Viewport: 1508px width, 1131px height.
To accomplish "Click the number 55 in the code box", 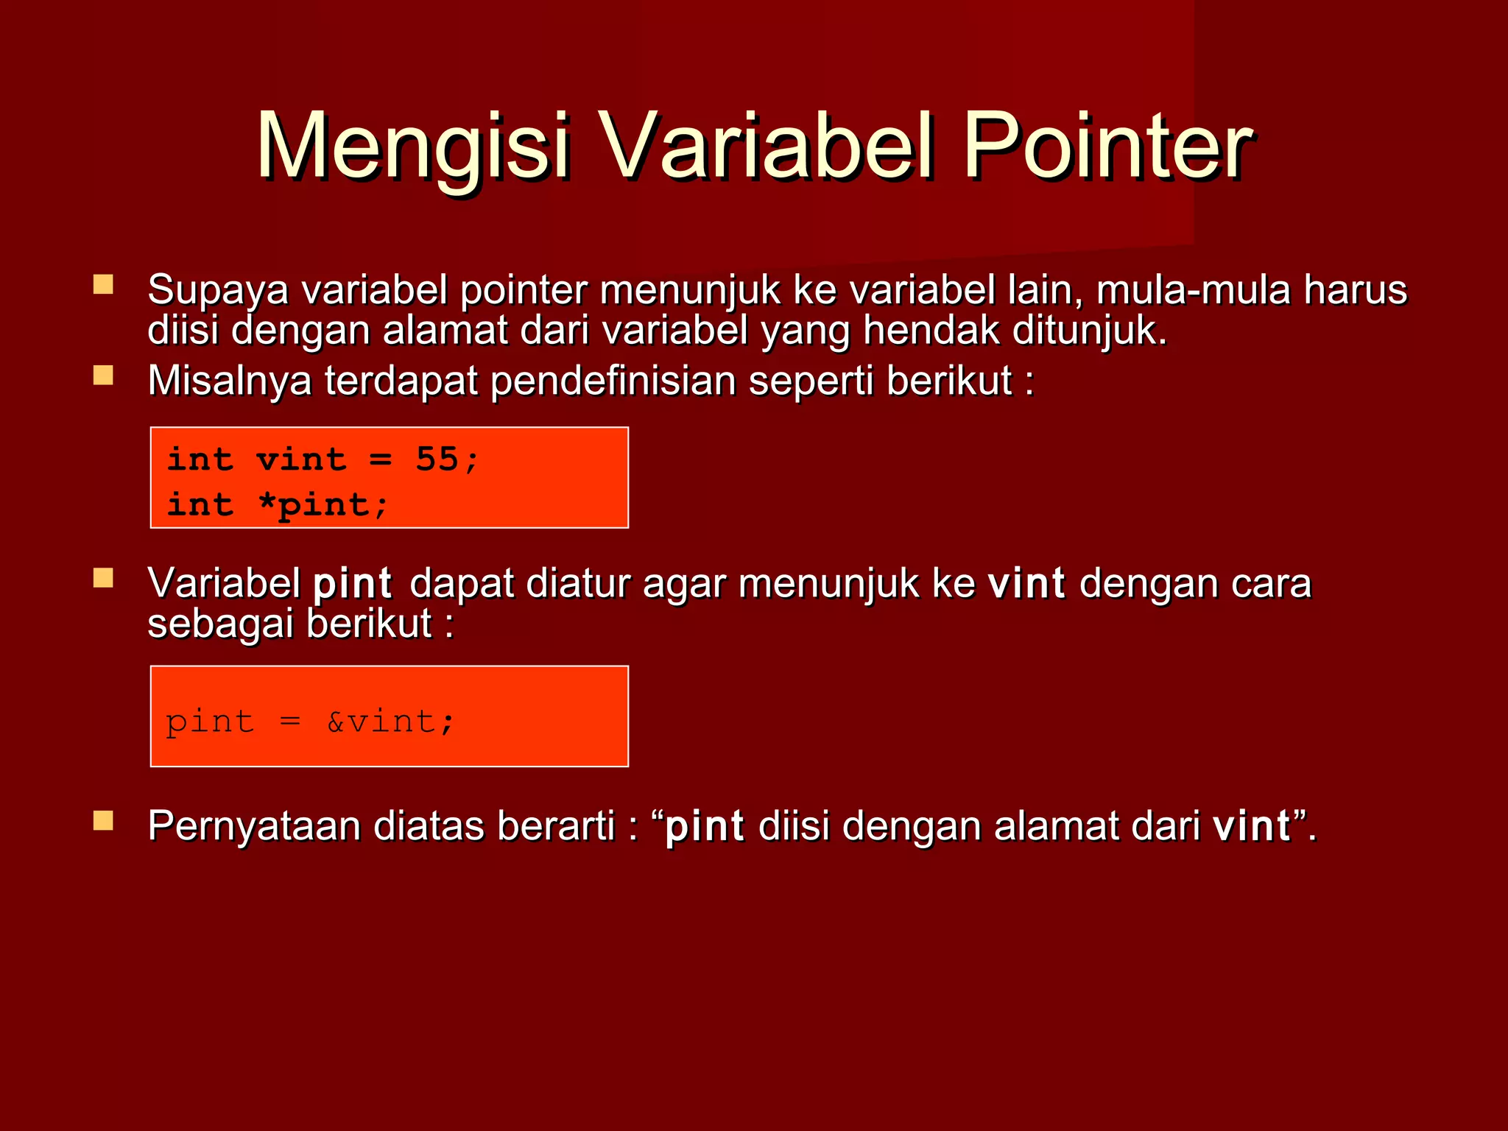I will (437, 459).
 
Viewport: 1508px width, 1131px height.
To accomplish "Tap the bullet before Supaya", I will (103, 284).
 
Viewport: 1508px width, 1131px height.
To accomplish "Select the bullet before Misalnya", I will (103, 376).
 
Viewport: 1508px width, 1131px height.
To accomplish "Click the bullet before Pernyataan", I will (103, 820).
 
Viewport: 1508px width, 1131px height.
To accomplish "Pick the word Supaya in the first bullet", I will (217, 290).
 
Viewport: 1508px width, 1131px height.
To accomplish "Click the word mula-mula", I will (1193, 290).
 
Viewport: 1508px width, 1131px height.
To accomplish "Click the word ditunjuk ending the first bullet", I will (1088, 330).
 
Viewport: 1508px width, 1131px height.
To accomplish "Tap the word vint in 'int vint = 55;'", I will (301, 459).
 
